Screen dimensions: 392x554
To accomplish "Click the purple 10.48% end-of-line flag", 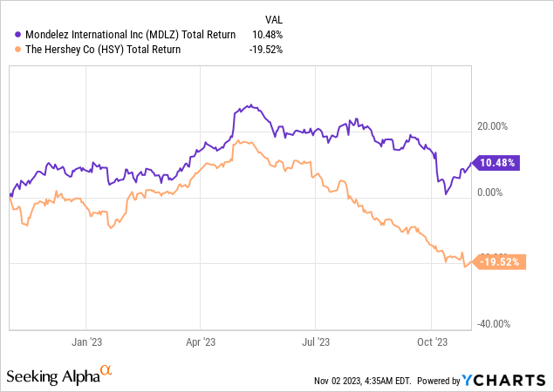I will coord(498,163).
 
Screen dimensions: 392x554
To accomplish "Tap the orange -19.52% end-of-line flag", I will coord(500,260).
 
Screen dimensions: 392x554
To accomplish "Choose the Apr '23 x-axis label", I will coord(202,343).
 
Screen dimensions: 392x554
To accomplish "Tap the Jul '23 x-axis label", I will coord(316,343).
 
